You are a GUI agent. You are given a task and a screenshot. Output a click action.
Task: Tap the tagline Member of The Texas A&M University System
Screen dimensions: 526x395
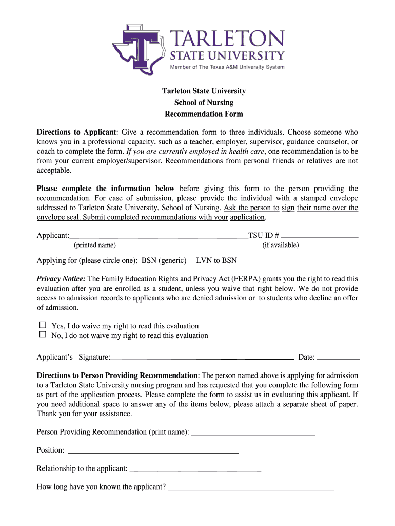[x=227, y=67]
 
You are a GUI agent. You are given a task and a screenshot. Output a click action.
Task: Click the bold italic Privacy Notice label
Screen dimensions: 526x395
[x=61, y=279]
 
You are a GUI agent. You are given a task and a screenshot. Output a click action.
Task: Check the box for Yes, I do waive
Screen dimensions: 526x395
[x=43, y=325]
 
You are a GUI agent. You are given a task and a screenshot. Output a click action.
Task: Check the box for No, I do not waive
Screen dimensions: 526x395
[x=43, y=335]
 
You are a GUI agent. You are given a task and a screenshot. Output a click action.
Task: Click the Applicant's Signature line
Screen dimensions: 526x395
[x=202, y=357]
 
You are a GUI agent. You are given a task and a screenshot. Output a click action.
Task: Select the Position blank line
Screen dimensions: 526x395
[x=153, y=450]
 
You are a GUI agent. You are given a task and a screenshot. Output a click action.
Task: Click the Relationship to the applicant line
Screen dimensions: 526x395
[x=195, y=468]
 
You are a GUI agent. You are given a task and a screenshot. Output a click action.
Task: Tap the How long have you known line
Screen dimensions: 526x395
[x=251, y=487]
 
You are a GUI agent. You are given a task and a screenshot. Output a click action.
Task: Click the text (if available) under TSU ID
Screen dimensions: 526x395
[x=280, y=245]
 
